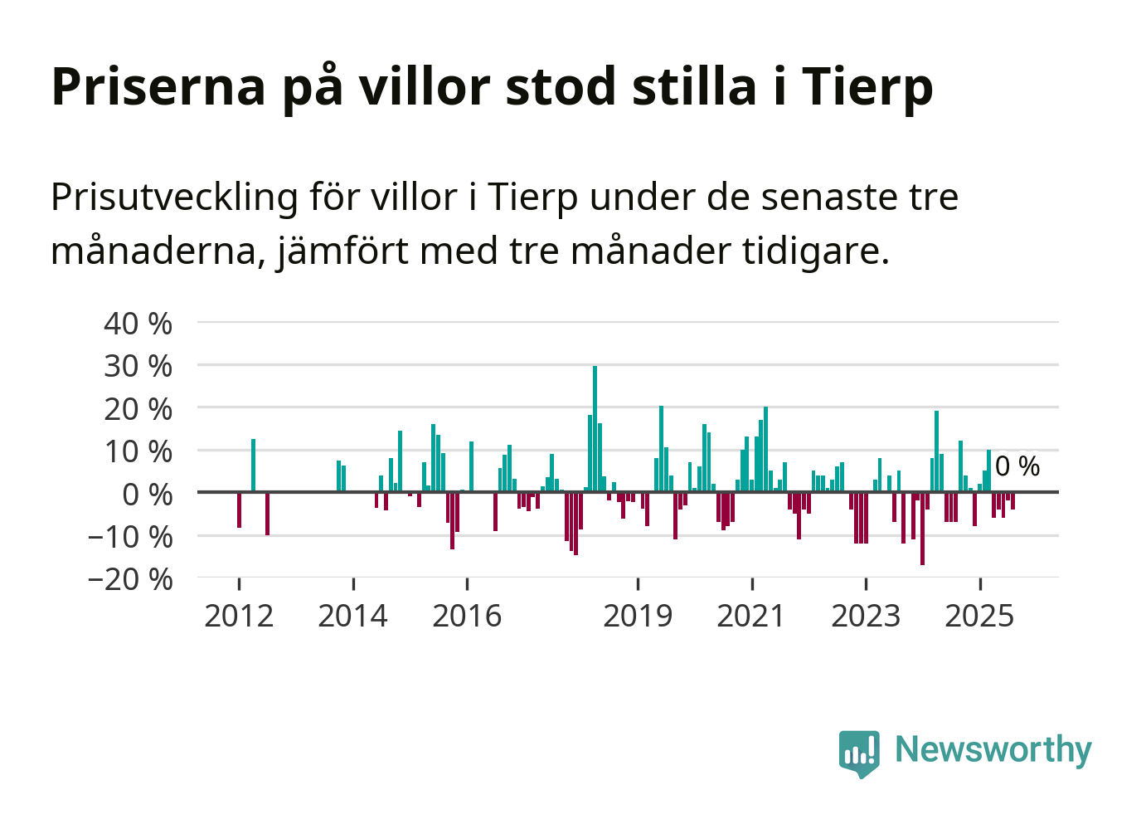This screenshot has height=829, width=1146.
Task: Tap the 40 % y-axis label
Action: click(138, 324)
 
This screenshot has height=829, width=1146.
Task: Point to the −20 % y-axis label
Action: click(130, 579)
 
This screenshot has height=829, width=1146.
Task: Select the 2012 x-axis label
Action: click(239, 616)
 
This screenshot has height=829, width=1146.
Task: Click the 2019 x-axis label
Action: click(638, 616)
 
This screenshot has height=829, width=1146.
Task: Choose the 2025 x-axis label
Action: click(979, 616)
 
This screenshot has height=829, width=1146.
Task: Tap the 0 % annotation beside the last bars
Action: click(1017, 466)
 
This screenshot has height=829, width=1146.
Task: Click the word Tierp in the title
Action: click(867, 86)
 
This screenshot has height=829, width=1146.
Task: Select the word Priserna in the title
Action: click(158, 86)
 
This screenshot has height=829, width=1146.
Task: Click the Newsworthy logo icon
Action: click(859, 753)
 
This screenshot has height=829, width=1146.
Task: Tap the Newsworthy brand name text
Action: click(993, 749)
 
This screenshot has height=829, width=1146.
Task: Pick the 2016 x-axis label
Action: click(467, 616)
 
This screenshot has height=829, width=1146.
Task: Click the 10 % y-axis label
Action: click(138, 452)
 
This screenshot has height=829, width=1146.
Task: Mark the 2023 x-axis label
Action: click(866, 616)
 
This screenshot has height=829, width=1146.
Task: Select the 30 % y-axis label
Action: click(138, 366)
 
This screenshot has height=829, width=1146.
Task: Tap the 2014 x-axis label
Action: click(353, 616)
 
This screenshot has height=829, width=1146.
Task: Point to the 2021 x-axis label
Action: click(751, 616)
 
